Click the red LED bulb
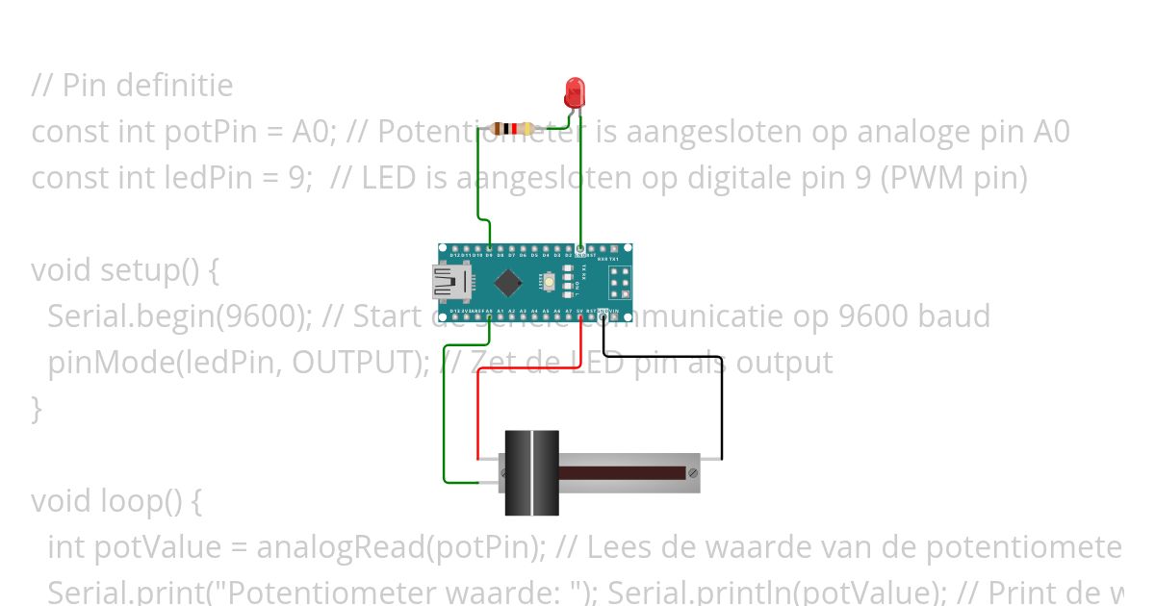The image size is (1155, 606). click(x=575, y=91)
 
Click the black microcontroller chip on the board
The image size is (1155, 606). click(x=508, y=283)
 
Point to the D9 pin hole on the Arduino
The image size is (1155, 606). click(x=490, y=249)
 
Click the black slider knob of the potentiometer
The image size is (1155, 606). click(x=530, y=472)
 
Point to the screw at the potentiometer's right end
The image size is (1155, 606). click(x=693, y=472)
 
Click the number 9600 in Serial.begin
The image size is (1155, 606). click(x=288, y=316)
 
